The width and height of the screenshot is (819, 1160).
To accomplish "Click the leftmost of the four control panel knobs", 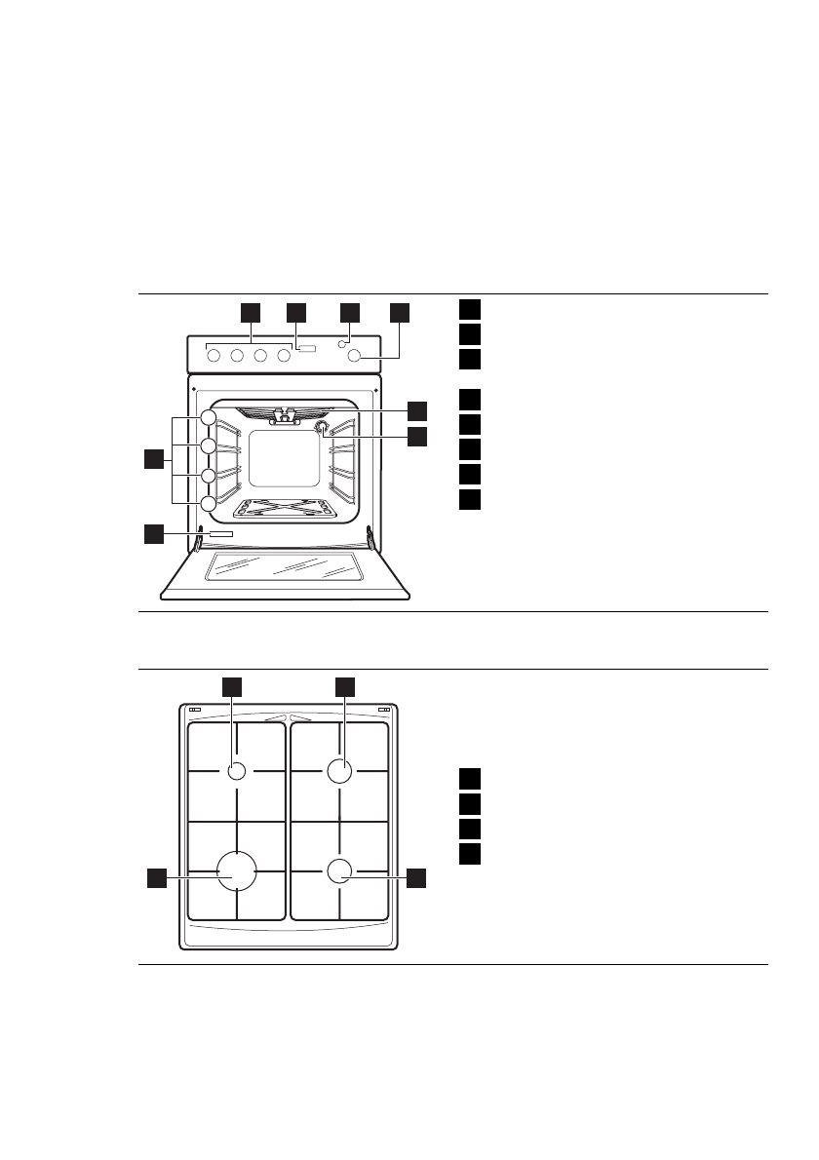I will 213,356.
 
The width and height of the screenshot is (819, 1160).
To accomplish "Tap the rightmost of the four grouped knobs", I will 284,356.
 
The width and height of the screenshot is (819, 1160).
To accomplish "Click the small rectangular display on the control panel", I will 308,348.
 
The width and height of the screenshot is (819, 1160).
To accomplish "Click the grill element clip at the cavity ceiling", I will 284,416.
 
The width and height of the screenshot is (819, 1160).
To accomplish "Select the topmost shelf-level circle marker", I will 208,417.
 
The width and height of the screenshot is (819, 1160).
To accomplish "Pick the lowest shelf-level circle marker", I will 208,504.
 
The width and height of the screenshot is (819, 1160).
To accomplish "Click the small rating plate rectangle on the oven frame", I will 220,535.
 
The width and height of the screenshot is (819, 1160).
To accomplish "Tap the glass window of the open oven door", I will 283,567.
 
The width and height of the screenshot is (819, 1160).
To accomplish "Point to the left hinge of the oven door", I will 199,538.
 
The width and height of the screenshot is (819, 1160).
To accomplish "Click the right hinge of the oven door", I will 370,538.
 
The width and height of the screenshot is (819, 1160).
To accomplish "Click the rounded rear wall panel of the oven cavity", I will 284,459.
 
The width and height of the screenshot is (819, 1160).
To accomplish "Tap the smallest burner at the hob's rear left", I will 236,771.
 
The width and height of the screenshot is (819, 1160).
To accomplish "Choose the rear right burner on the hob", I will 338,771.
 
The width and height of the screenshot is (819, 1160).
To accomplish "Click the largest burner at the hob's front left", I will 236,870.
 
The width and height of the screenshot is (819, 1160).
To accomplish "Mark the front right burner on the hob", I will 338,871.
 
